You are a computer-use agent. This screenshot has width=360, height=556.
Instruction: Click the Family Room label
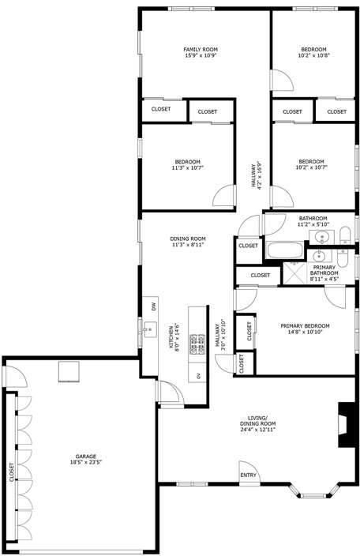[x=201, y=49]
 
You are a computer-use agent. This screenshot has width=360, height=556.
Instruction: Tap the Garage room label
[x=86, y=456]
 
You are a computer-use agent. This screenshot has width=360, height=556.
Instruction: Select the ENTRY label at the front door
[x=248, y=475]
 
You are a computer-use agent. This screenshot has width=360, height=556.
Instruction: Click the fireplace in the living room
[x=347, y=425]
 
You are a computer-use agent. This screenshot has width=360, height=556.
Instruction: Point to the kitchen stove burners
[x=197, y=344]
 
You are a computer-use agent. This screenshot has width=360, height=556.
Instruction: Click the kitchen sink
[x=150, y=329]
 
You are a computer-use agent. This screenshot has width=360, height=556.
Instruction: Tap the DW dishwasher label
[x=153, y=306]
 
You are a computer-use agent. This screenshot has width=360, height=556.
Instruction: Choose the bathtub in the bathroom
[x=285, y=250]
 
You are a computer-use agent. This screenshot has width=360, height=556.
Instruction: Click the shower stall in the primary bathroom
[x=294, y=273]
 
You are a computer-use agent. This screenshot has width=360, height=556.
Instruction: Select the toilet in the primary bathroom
[x=343, y=258]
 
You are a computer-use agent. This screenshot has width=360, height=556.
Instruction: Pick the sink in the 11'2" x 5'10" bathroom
[x=322, y=236]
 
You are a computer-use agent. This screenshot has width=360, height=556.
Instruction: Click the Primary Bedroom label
[x=305, y=325]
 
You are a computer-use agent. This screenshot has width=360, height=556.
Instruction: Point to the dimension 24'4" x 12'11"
[x=257, y=430]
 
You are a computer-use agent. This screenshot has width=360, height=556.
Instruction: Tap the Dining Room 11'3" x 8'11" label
[x=188, y=242]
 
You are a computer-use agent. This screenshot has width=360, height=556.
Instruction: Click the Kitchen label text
[x=171, y=337]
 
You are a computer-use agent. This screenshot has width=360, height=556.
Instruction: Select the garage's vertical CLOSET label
[x=12, y=472]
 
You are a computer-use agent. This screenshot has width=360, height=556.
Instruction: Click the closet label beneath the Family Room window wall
[x=161, y=109]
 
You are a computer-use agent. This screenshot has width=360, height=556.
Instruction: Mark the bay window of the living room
[x=313, y=491]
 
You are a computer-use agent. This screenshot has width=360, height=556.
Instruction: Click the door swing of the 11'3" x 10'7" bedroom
[x=223, y=195]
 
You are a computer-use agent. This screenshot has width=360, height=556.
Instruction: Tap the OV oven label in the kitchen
[x=198, y=376]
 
